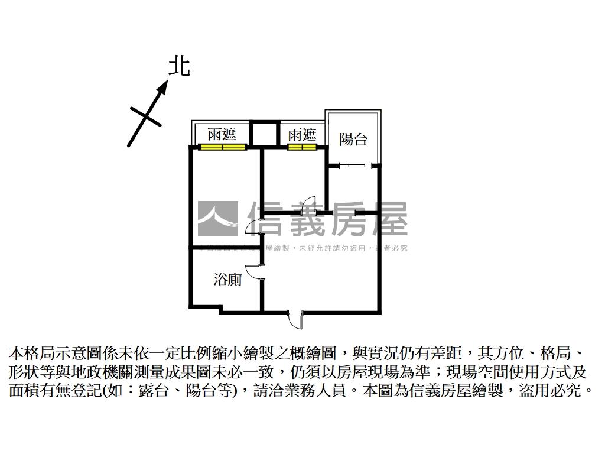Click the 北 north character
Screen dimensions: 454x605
click(x=179, y=66)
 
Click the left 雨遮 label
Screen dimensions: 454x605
click(x=222, y=135)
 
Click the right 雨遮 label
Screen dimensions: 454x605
click(x=302, y=135)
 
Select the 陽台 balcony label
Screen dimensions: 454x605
click(x=353, y=140)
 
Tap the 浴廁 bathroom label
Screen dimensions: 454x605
click(x=227, y=279)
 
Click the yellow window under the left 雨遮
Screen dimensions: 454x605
click(x=222, y=147)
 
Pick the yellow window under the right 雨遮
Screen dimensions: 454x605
click(x=302, y=147)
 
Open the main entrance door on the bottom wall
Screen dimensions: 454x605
click(x=294, y=319)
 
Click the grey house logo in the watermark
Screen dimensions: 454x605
click(x=217, y=219)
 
